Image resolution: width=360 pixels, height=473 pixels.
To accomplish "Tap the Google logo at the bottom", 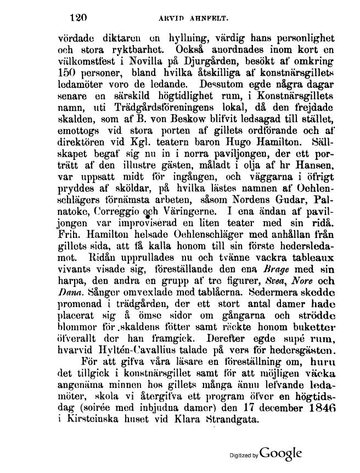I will [x=281, y=454].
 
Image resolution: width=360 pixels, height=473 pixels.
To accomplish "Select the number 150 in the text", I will [x=68, y=71].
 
